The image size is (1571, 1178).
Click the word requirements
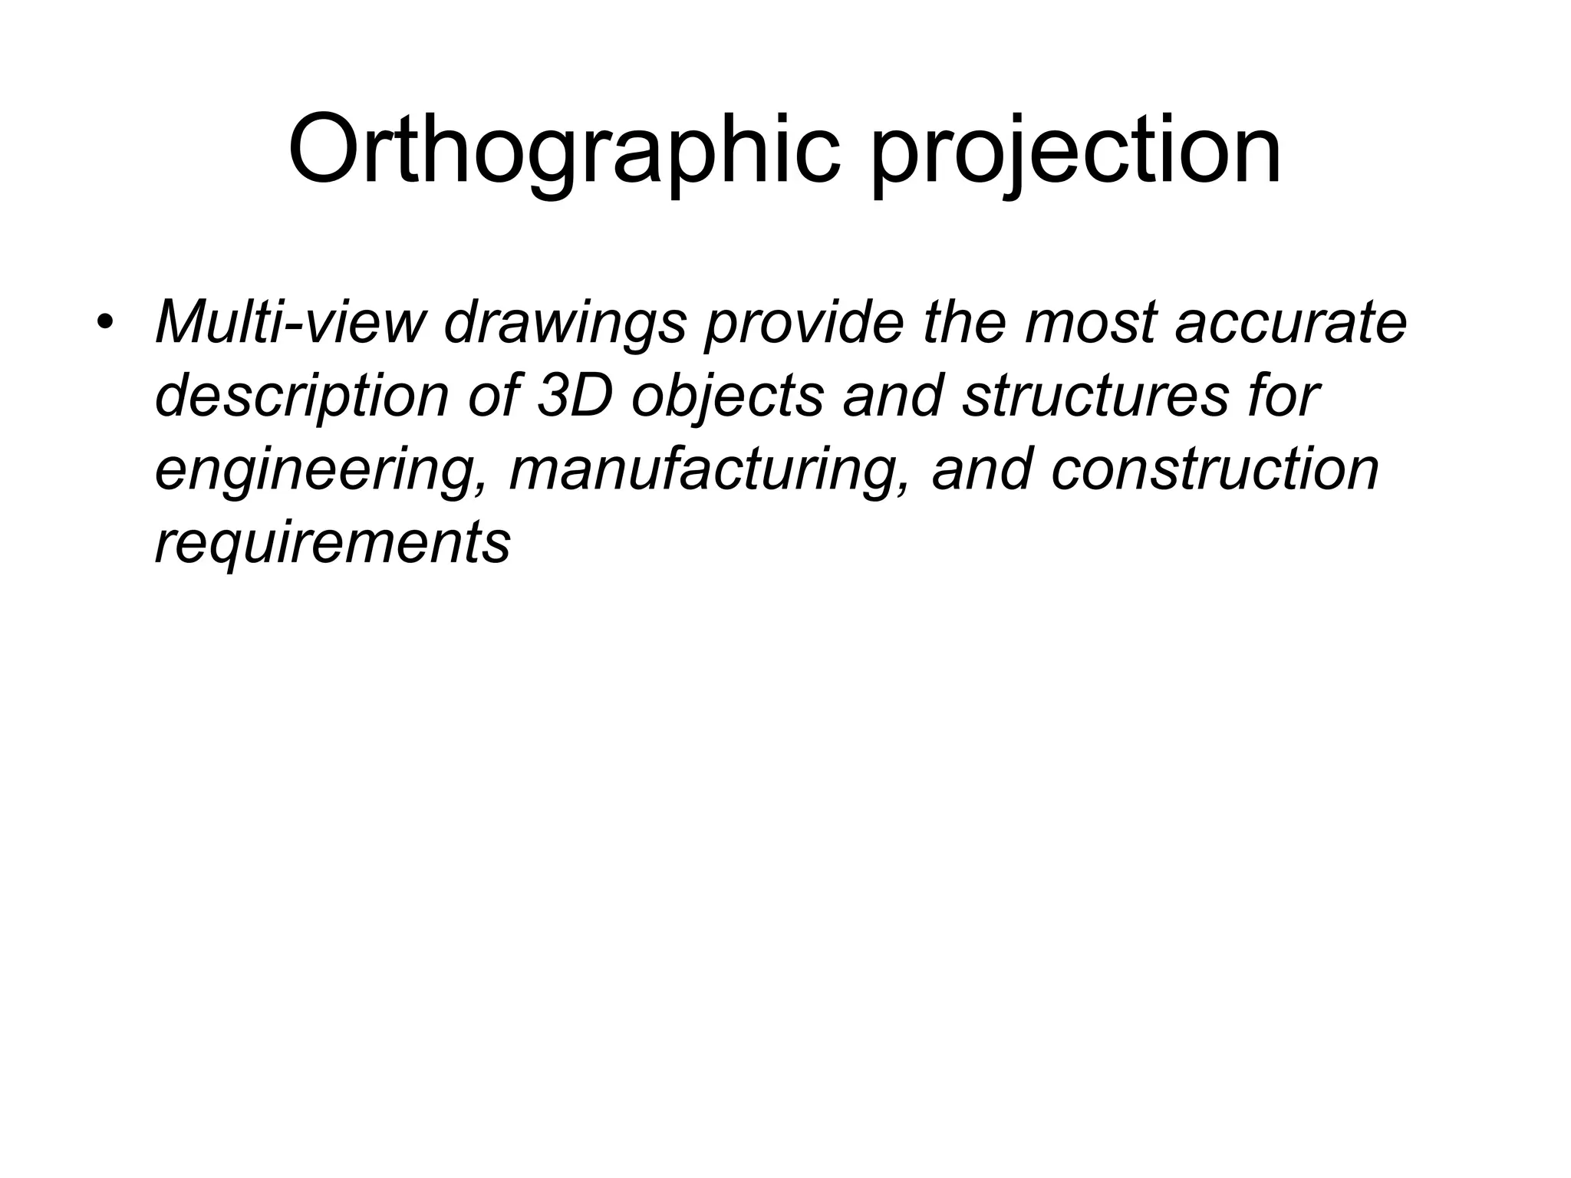333,541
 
